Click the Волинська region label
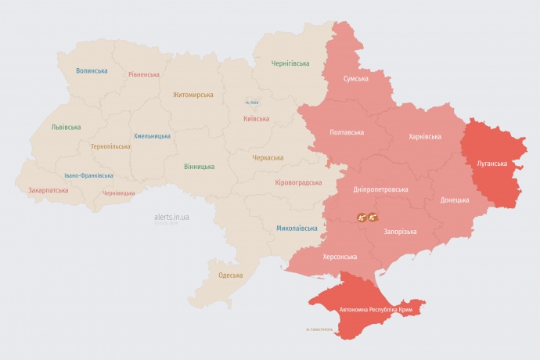[x=92, y=70]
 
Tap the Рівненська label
[x=144, y=74]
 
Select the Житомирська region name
[x=193, y=95]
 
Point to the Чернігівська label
[x=290, y=63]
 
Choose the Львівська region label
[x=66, y=126]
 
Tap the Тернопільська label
[x=112, y=146]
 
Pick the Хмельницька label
[x=152, y=135]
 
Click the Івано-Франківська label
[x=88, y=175]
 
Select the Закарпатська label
[x=48, y=189]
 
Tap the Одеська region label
[x=230, y=275]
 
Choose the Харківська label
[x=424, y=136]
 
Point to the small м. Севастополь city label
[x=319, y=329]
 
